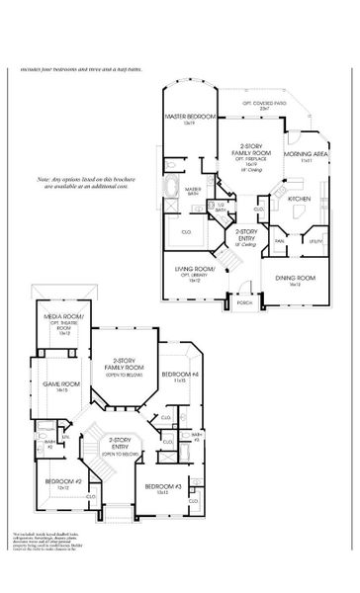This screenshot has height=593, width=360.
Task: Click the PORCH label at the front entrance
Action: pos(242,302)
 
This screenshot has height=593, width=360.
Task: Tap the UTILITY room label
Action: pos(315,240)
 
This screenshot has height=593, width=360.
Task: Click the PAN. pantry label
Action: pos(280,240)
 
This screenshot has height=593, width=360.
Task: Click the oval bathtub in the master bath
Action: pos(170,186)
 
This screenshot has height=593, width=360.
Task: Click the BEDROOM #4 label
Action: pos(181,375)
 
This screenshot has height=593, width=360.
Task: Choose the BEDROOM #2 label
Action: pos(56,481)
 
